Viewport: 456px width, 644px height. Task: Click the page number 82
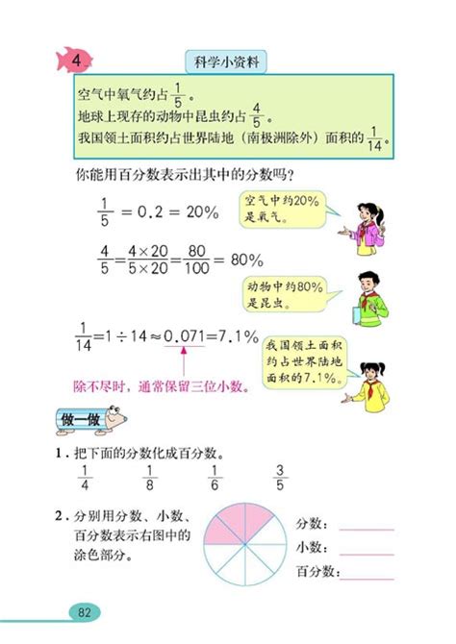click(x=85, y=612)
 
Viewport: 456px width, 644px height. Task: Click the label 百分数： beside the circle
click(x=315, y=572)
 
